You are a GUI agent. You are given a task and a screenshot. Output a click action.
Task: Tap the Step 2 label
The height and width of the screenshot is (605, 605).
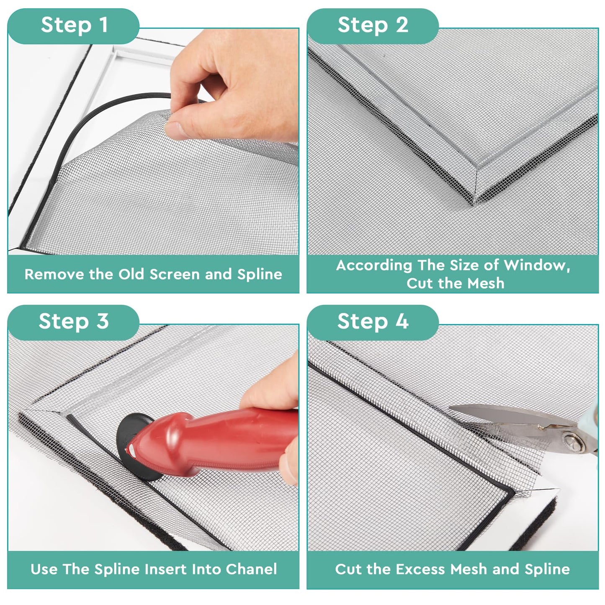(373, 25)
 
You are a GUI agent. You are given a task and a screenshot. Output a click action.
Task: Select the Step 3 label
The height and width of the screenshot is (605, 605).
(74, 322)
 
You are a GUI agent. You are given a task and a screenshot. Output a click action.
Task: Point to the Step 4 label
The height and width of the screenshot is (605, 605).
(373, 322)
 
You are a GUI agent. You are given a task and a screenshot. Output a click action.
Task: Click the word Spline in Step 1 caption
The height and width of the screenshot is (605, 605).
(260, 275)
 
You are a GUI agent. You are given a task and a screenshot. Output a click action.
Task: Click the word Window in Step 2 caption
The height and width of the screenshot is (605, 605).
(536, 265)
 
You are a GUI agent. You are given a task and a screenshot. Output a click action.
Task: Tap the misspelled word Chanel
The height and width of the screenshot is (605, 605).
(251, 569)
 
